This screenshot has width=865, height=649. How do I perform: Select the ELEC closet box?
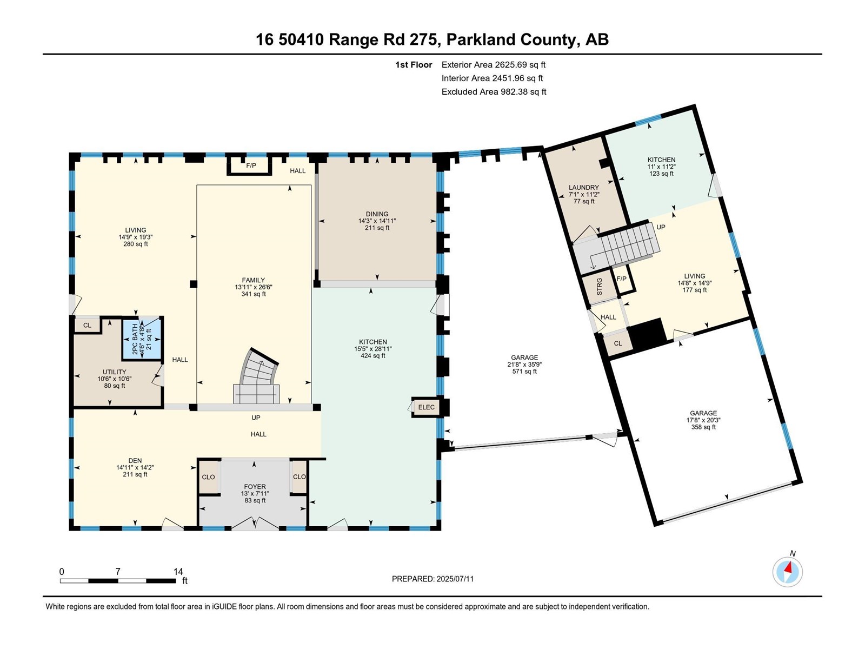click(426, 407)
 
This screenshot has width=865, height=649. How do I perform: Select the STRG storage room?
click(599, 287)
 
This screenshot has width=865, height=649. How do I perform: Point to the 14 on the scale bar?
click(178, 572)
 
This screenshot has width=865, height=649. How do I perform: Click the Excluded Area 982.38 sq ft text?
click(494, 92)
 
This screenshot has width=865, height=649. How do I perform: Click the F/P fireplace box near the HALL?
click(250, 165)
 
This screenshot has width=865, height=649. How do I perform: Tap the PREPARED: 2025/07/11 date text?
click(432, 579)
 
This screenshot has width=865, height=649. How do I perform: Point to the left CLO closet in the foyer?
click(208, 476)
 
